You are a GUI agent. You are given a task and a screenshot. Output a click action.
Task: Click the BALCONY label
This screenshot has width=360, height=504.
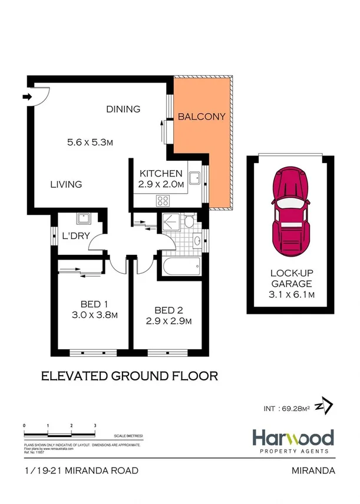click(x=202, y=117)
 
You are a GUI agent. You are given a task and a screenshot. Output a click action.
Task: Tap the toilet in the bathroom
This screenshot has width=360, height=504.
click(x=189, y=223)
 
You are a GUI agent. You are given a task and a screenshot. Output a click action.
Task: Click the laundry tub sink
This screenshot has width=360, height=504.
click(x=81, y=218)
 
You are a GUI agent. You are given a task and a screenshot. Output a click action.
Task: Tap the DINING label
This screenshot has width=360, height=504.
click(x=123, y=109)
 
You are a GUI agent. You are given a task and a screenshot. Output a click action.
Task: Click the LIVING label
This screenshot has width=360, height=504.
click(x=65, y=184)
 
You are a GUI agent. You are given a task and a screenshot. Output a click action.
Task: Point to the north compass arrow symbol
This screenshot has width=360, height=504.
click(x=324, y=406)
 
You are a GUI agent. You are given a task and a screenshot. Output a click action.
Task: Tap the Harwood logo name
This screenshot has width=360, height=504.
click(x=293, y=437)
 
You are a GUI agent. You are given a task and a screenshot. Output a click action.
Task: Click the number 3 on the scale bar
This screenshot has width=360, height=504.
click(x=95, y=425)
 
